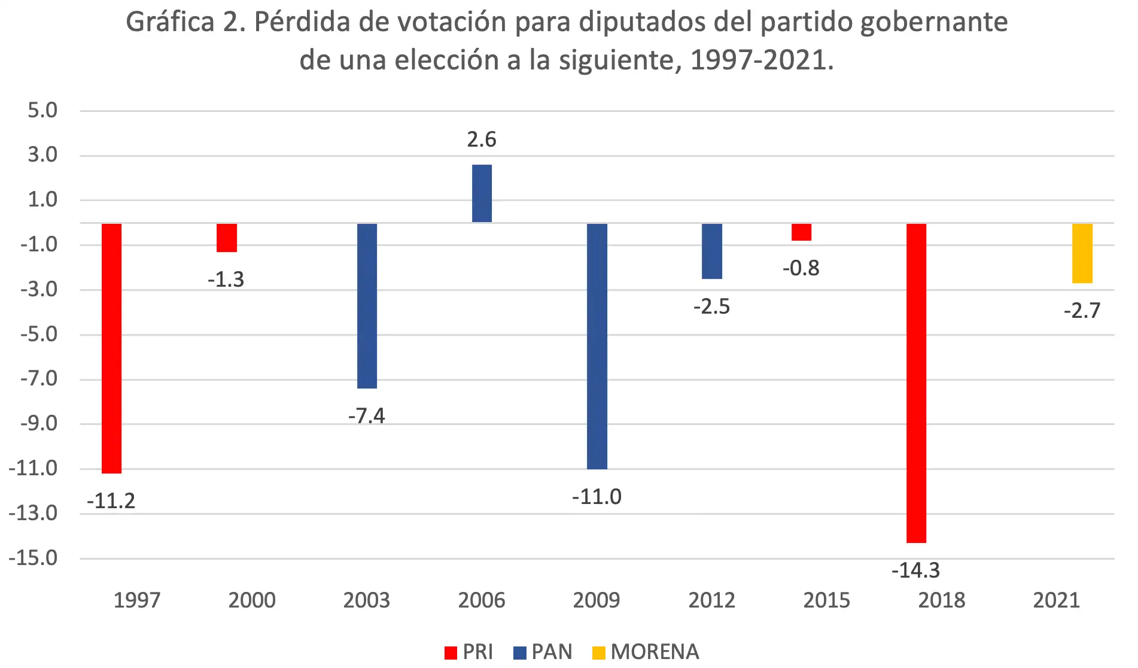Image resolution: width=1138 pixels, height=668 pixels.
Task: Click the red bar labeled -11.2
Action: pos(111,348)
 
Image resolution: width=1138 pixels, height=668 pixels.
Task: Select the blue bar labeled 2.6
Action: pos(482,193)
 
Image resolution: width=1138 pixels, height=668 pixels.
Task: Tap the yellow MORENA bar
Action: pos(1082,253)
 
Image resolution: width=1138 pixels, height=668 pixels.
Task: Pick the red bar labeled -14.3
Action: pos(916,383)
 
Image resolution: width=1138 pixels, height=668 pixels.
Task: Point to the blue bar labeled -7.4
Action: pos(367,306)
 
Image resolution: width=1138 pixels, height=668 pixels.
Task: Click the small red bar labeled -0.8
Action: pos(801,232)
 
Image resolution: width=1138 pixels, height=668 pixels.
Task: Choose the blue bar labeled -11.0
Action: pos(597,346)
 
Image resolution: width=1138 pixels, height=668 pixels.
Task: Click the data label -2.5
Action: pos(711,306)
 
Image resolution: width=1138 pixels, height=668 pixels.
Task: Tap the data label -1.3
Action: pos(226,280)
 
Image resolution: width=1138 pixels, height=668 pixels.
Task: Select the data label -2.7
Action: pos(1082,311)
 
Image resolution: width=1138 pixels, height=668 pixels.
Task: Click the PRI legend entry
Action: pos(469,652)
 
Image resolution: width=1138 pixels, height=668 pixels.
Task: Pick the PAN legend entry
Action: pos(543,652)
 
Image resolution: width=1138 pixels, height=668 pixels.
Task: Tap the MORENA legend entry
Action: pos(646,652)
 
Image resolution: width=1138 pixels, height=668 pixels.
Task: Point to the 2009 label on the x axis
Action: pos(597,600)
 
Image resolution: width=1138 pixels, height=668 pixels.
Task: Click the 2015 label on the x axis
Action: pos(826,600)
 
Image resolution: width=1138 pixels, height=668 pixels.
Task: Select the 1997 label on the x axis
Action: pos(137,600)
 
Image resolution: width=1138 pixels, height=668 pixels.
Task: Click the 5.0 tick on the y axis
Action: pos(42,110)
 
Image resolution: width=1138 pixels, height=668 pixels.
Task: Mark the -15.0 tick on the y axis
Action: pos(34,558)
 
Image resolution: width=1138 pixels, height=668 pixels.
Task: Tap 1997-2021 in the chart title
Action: pos(761,60)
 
